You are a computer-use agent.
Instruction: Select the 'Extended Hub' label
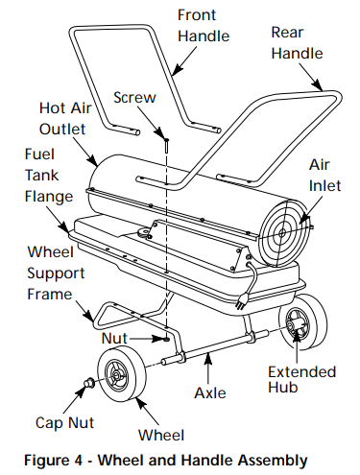click(300, 381)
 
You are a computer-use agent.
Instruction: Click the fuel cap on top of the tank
click(149, 231)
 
